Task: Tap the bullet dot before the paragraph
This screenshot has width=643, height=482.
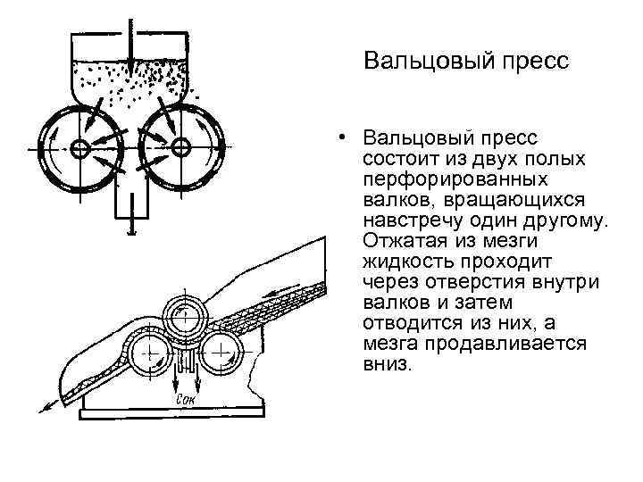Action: click(342, 138)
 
